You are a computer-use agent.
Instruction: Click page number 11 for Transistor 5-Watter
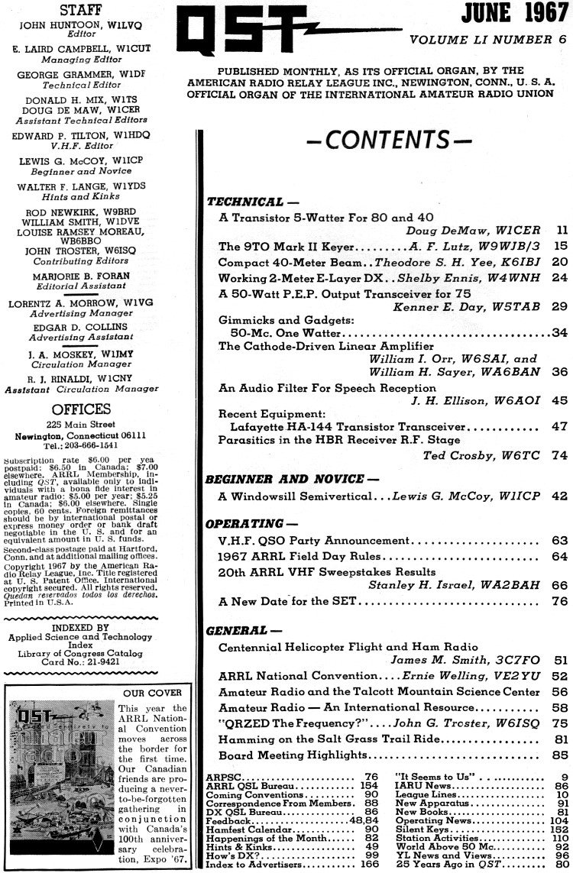pos(561,228)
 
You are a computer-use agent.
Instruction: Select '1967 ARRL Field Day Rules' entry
pos(291,556)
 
